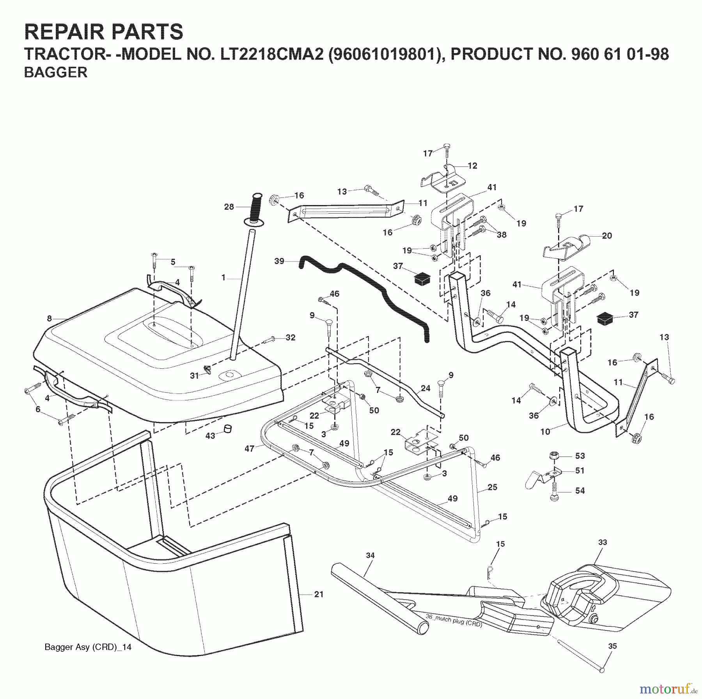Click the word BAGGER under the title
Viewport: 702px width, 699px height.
pyautogui.click(x=56, y=73)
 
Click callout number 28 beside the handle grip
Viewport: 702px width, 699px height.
pyautogui.click(x=229, y=207)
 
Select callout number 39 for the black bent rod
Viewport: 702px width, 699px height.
pyautogui.click(x=279, y=261)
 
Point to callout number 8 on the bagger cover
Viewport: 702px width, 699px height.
pyautogui.click(x=49, y=319)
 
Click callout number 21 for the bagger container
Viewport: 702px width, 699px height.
pyautogui.click(x=319, y=594)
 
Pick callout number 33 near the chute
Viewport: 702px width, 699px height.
pyautogui.click(x=603, y=542)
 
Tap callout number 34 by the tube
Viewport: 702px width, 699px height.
pyautogui.click(x=370, y=555)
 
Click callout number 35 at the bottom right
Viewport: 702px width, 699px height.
pyautogui.click(x=613, y=646)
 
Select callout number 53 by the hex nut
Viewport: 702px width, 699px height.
pyautogui.click(x=580, y=455)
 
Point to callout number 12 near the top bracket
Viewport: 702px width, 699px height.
pyautogui.click(x=472, y=166)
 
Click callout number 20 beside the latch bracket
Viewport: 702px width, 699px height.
pyautogui.click(x=607, y=235)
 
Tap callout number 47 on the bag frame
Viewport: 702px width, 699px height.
pyautogui.click(x=249, y=449)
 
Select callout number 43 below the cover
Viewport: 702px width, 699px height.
pyautogui.click(x=210, y=435)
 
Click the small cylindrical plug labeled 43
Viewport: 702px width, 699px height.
pyautogui.click(x=227, y=428)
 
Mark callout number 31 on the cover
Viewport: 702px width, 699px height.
pyautogui.click(x=194, y=375)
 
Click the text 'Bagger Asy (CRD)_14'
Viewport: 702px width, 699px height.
pyautogui.click(x=88, y=648)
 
